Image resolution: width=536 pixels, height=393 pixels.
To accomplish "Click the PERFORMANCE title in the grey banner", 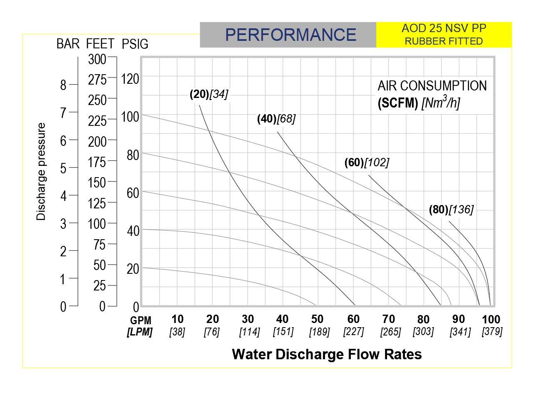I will tap(290, 35).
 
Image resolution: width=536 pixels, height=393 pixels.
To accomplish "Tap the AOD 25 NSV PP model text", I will tap(444, 29).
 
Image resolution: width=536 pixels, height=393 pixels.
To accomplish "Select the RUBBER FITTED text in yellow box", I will tap(444, 41).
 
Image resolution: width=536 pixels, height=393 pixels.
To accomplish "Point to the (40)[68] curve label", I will tap(276, 119).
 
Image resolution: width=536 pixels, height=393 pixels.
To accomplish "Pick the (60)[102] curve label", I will tap(367, 163).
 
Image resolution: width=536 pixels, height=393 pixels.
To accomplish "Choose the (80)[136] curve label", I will tap(451, 210).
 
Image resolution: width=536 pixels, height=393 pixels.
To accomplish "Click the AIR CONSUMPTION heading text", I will tap(432, 86).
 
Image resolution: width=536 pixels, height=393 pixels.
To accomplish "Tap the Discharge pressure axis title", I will tap(41, 171).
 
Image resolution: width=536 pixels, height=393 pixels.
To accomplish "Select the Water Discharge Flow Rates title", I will tap(327, 354).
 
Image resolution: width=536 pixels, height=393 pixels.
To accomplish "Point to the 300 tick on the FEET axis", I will tap(97, 60).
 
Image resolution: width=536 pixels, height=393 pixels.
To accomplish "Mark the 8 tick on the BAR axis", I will tap(63, 85).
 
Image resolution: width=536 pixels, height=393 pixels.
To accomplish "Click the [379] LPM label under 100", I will tap(492, 332).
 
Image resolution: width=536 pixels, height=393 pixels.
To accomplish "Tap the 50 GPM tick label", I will tap(318, 320).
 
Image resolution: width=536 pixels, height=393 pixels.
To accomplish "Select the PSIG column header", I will tap(135, 44).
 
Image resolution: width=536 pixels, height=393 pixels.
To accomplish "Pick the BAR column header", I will tap(68, 44).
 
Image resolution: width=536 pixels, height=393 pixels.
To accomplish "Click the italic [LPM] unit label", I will tap(140, 332).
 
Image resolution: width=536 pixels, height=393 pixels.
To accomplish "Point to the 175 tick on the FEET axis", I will tap(97, 162).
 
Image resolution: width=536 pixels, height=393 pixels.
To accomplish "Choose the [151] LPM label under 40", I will tap(283, 332).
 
